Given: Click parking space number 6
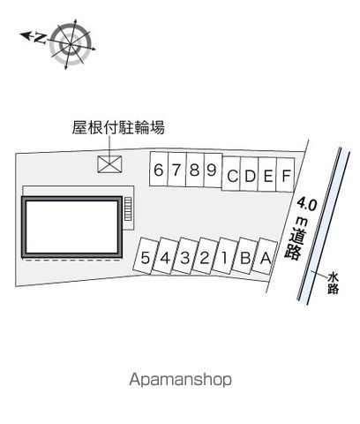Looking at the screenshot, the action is tap(159, 169).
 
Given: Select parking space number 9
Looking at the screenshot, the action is tap(213, 170).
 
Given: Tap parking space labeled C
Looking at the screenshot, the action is tap(231, 174).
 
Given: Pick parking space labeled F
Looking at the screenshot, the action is tap(286, 175).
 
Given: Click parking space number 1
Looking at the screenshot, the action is tap(224, 256).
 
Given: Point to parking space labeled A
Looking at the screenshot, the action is tap(266, 256).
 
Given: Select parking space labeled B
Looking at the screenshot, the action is tap(245, 256).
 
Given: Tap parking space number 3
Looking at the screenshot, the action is tap(185, 255).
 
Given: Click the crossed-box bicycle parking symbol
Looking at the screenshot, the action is tap(109, 163).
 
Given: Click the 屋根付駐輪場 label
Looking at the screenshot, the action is tap(118, 128).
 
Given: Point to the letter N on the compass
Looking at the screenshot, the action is tap(41, 38).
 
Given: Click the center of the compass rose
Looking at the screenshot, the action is tap(71, 44).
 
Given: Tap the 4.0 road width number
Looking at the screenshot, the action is tap(307, 204).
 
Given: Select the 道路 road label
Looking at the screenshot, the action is tap(296, 244).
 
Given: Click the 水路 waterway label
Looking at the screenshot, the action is tap(334, 284).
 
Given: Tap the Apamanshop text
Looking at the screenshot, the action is tap(180, 380).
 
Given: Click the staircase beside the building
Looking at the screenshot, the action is tap(128, 208).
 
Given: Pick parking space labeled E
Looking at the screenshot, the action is tap(267, 175).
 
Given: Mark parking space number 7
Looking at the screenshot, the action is tap(176, 170).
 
